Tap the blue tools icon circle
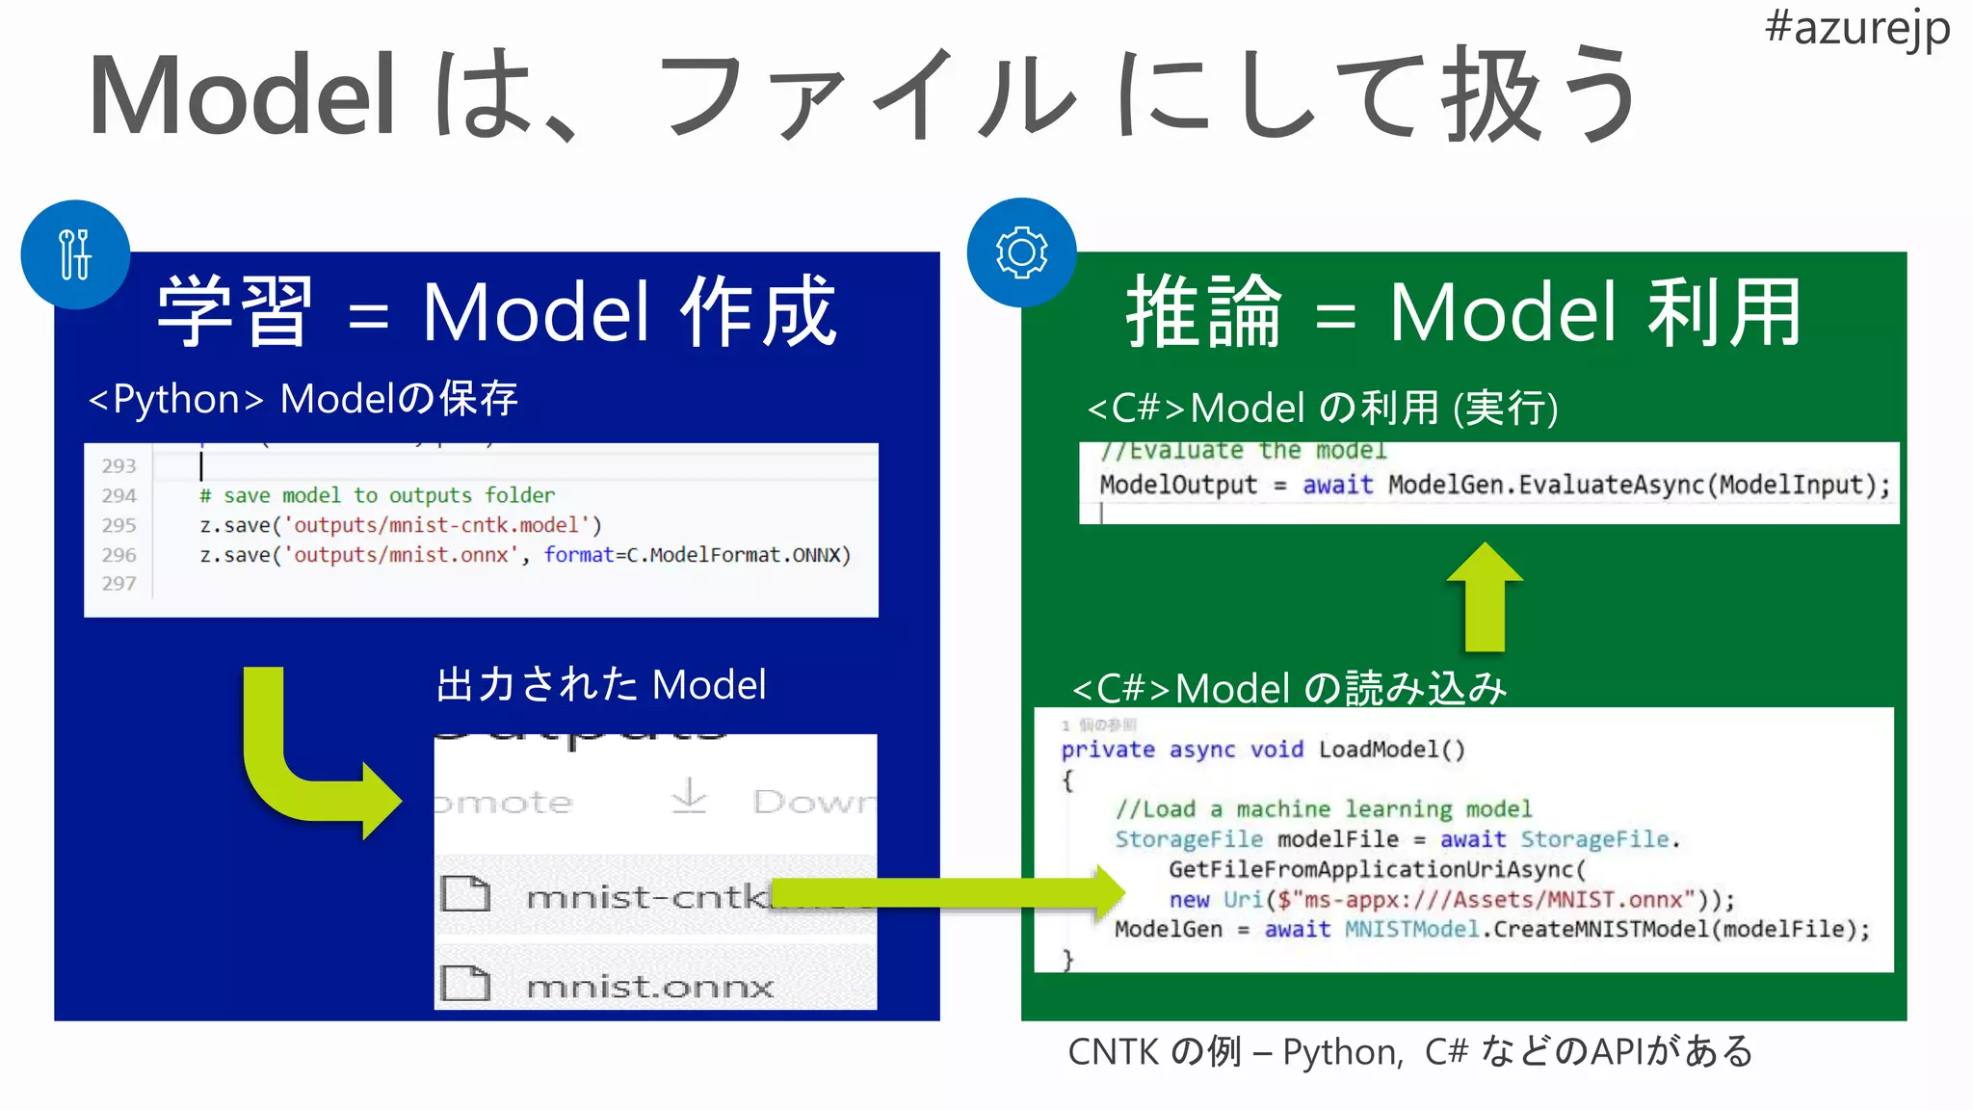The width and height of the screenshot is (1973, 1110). (x=75, y=254)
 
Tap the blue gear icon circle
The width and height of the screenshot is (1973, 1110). (x=1021, y=252)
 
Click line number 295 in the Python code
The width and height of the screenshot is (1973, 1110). (x=119, y=525)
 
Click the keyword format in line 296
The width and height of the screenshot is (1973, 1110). (x=578, y=555)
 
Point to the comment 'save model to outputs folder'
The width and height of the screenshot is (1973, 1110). (x=388, y=495)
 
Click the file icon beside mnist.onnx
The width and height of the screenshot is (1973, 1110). (x=465, y=984)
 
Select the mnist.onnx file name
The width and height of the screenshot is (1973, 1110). (x=650, y=986)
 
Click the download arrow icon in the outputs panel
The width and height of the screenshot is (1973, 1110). (x=689, y=797)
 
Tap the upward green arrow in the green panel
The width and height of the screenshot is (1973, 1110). (x=1485, y=597)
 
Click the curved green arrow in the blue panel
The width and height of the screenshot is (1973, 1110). (x=299, y=761)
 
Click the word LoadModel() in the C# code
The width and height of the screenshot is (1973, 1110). (x=1391, y=750)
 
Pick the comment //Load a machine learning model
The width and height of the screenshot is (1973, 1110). (x=1323, y=809)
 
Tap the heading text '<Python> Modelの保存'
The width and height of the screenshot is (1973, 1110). (x=303, y=399)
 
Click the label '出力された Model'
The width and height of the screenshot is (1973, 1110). (x=601, y=685)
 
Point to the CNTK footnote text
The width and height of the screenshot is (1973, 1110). (x=1410, y=1051)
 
